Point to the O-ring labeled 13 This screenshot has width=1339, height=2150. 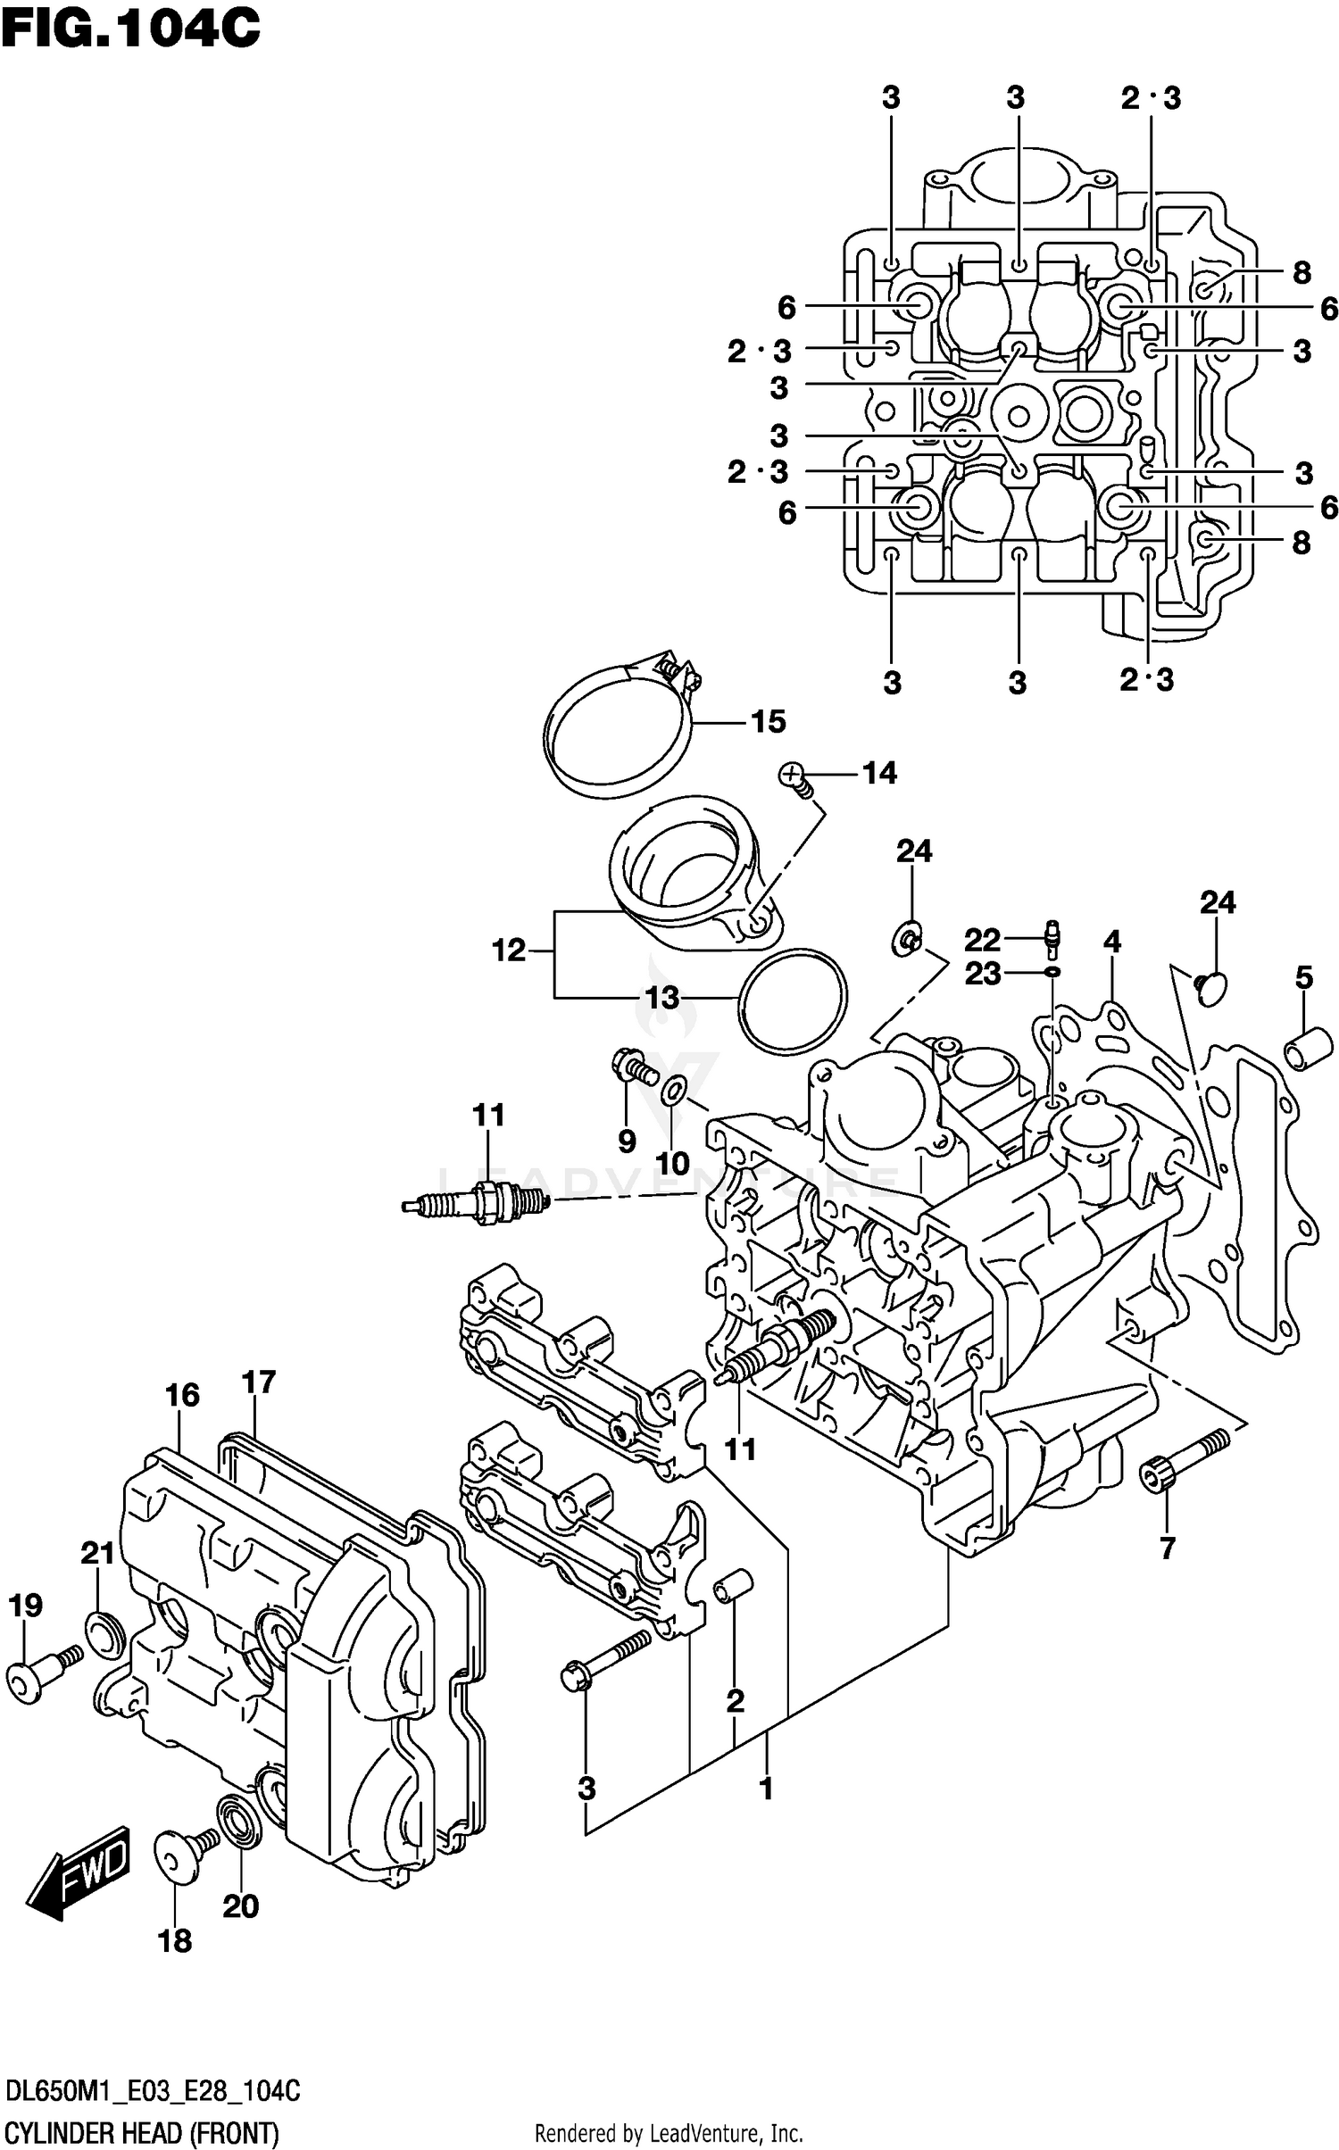(x=793, y=1002)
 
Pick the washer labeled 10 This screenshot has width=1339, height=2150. (x=674, y=1090)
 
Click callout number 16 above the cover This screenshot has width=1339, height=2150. (x=182, y=1395)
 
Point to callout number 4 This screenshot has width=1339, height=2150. (x=1111, y=942)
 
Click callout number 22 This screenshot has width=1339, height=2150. (x=982, y=940)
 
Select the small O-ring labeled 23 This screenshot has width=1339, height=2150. (x=1052, y=971)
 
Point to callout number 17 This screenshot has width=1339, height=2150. (x=259, y=1382)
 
